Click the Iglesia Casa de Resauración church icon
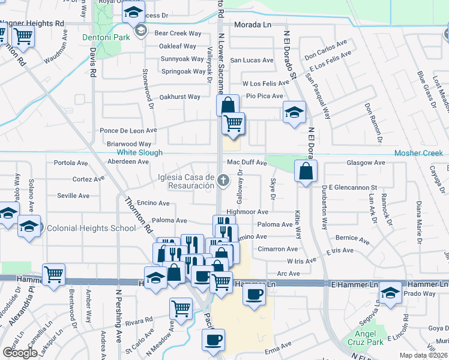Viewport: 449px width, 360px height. click(x=223, y=181)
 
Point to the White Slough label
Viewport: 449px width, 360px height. click(x=139, y=153)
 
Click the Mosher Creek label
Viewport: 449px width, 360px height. click(x=418, y=153)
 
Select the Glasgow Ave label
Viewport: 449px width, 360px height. click(x=366, y=163)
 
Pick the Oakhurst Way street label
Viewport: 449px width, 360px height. click(x=179, y=97)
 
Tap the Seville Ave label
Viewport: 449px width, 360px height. click(x=73, y=196)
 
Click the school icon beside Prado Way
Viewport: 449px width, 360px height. click(x=390, y=293)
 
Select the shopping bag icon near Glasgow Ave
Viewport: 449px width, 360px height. click(x=306, y=170)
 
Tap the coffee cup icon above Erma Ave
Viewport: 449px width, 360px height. click(x=213, y=340)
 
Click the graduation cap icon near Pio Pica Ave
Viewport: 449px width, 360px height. click(x=294, y=112)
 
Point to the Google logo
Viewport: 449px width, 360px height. click(x=20, y=353)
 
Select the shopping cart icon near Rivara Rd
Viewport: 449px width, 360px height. click(x=181, y=308)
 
